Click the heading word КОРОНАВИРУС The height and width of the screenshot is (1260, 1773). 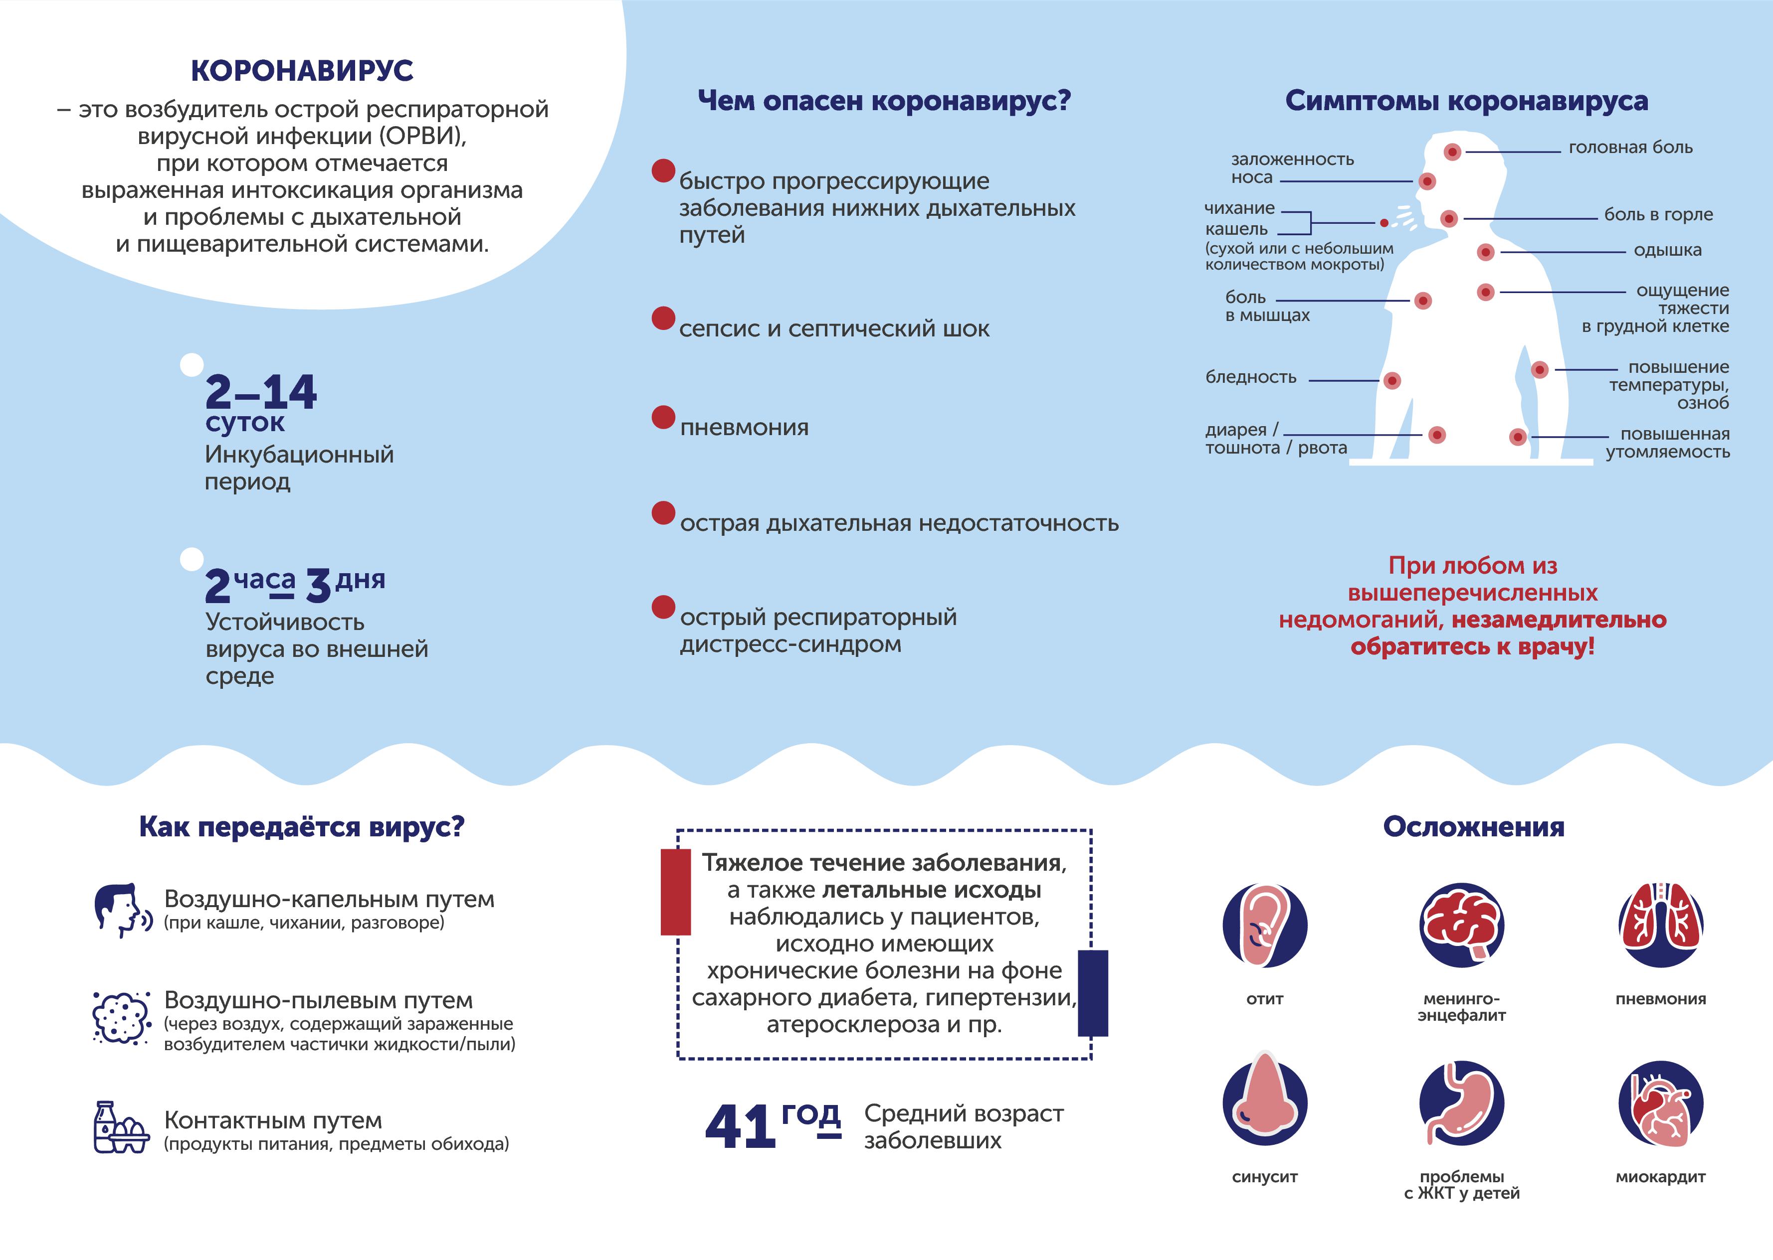pyautogui.click(x=302, y=71)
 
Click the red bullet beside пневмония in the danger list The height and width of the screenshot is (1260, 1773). pyautogui.click(x=663, y=417)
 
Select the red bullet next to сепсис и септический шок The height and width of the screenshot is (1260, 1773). pyautogui.click(x=663, y=318)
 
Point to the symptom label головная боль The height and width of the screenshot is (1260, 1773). pyautogui.click(x=1630, y=148)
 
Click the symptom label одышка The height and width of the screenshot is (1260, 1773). pyautogui.click(x=1667, y=250)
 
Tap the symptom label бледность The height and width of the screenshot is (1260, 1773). pyautogui.click(x=1250, y=377)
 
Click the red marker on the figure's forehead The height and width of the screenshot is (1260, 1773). pyautogui.click(x=1452, y=152)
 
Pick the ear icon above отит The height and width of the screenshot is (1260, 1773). pyautogui.click(x=1265, y=925)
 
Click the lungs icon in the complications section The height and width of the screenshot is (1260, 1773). pyautogui.click(x=1660, y=925)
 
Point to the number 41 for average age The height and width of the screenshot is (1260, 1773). pyautogui.click(x=740, y=1126)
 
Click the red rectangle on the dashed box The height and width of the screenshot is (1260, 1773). pyautogui.click(x=675, y=892)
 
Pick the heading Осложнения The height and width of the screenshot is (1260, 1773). pyautogui.click(x=1473, y=827)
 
